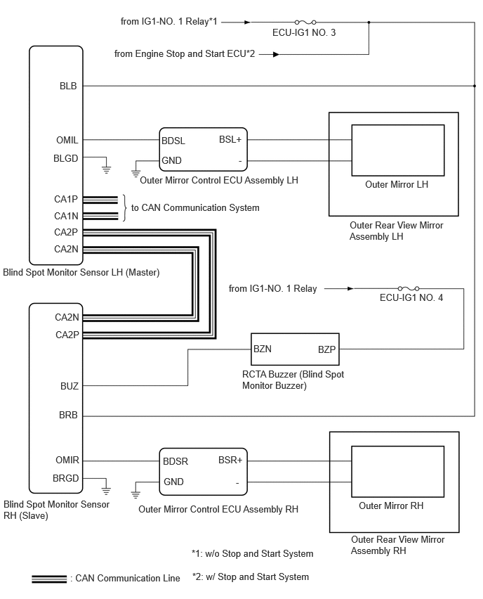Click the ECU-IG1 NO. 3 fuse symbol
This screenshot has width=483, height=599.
pos(305,22)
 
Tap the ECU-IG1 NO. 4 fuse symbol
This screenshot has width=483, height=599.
pos(409,288)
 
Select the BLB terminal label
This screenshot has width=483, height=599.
pos(68,86)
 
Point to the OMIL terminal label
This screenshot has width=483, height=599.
pos(67,140)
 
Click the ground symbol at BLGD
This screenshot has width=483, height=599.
pos(107,169)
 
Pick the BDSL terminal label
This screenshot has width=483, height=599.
pos(173,141)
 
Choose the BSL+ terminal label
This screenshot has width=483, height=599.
pos(230,139)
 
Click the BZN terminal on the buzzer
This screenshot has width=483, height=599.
pos(263,349)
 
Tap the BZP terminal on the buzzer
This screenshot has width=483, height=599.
pos(327,349)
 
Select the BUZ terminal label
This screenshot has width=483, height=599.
pos(70,386)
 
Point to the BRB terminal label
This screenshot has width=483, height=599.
pos(68,415)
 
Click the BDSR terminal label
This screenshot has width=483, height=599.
pos(176,461)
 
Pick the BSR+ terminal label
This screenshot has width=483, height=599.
pos(230,460)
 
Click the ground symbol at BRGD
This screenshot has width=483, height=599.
pos(106,490)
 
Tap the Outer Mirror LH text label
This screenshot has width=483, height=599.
pos(397,184)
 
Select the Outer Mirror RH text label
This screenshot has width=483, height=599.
pos(391,505)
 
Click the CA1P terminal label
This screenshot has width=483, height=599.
pos(66,199)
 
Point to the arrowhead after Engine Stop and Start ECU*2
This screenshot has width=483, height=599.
pos(276,54)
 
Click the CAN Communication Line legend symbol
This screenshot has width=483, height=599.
pos(49,579)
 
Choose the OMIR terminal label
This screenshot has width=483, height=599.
pos(67,460)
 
